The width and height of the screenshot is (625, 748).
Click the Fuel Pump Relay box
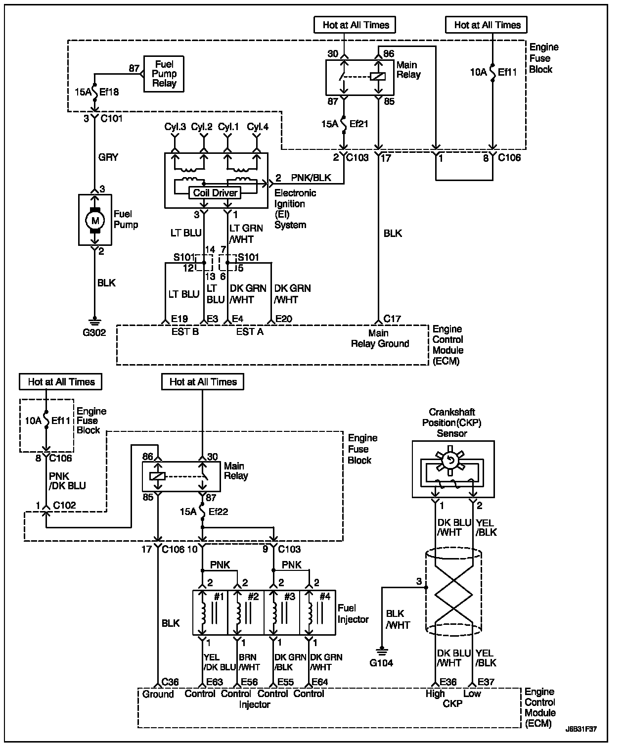coord(164,74)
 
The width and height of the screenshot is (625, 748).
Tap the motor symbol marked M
coord(95,220)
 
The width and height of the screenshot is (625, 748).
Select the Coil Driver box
coord(215,193)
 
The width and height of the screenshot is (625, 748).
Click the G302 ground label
coord(94,332)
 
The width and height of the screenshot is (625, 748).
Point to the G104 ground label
coord(381,663)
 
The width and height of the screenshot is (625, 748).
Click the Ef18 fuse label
coord(109,92)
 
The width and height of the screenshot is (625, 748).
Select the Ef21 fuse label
coord(358,124)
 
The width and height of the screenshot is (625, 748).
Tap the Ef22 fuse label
coord(218,512)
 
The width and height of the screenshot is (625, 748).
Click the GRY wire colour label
coord(108,157)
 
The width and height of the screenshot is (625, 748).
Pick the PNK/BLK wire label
coord(311,178)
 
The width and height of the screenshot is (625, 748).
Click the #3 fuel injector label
coord(289,597)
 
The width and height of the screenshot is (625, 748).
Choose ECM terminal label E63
coord(215,682)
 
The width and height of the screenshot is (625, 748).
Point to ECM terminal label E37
coord(486,682)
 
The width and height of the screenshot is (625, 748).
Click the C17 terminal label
coord(392,319)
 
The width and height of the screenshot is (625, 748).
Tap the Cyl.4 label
coord(258,127)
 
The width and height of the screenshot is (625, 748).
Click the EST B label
coord(185,332)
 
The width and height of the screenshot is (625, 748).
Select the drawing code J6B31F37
coord(581,729)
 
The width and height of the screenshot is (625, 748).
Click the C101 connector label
coord(111,118)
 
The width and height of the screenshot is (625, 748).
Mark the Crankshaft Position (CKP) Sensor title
coord(451,422)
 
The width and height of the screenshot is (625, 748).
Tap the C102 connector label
coord(64,505)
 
